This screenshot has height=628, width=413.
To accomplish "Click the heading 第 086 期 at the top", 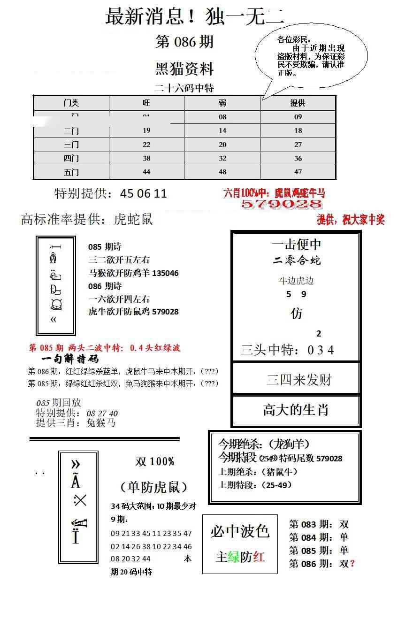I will (184, 42).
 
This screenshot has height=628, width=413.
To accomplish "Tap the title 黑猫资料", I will (184, 69).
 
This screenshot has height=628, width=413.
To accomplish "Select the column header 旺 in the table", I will (146, 103).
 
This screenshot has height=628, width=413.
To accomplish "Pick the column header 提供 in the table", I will (298, 103).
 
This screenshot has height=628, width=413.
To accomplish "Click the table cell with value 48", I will (222, 172).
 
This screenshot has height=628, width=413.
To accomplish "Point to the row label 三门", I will (71, 145).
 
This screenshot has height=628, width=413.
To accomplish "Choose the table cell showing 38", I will (146, 158).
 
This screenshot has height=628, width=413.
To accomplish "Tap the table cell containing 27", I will (298, 145).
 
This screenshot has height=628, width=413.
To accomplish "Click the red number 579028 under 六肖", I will (281, 204).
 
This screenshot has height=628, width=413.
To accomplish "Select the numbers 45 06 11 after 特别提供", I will (144, 194).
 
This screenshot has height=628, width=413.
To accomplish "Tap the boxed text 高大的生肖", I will (296, 410).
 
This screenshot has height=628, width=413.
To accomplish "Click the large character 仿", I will (297, 314).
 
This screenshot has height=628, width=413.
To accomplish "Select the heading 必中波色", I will (240, 531).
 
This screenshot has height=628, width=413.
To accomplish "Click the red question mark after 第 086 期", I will (352, 564).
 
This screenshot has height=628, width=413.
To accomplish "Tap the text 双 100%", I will (155, 462).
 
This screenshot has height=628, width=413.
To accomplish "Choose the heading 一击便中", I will (296, 245).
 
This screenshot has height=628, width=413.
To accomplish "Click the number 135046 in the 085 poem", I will (166, 273).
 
